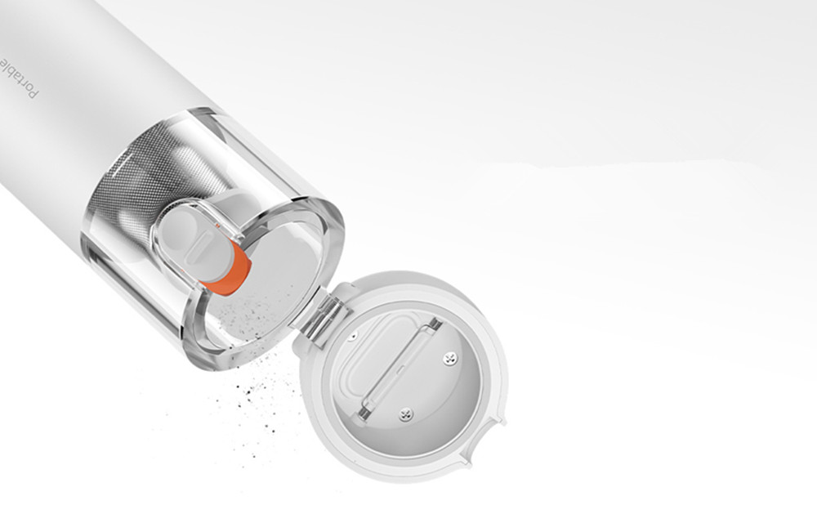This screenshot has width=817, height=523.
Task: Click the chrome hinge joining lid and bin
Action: click(x=320, y=315)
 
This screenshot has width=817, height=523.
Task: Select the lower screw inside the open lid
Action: click(x=405, y=414)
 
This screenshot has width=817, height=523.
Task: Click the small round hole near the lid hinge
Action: click(x=353, y=336)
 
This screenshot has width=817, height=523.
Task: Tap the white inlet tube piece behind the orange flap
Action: click(x=192, y=245)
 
